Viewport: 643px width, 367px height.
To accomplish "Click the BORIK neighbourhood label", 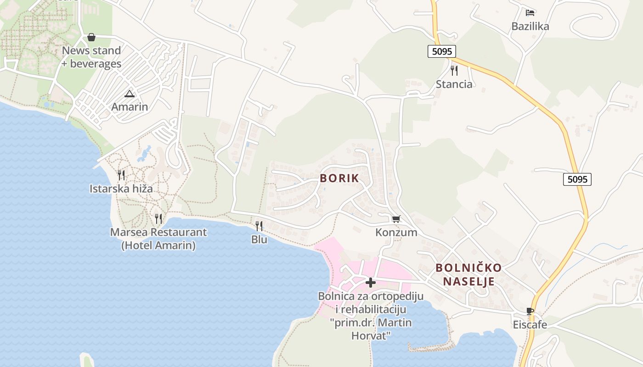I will [x=339, y=178].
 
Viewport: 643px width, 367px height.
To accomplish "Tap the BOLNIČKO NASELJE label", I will [x=469, y=274].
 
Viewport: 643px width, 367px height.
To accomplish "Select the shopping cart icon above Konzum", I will [x=396, y=219].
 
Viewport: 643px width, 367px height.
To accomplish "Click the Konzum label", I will [x=396, y=233].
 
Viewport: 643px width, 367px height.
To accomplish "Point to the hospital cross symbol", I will [x=371, y=283].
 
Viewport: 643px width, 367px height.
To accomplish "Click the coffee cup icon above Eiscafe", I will [x=530, y=311].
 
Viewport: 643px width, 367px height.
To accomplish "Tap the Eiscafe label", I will [x=530, y=325].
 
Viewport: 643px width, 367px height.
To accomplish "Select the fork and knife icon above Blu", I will [x=259, y=226].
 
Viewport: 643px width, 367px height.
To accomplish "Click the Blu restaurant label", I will [x=259, y=239].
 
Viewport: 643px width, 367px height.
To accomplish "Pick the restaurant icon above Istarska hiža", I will [x=121, y=175].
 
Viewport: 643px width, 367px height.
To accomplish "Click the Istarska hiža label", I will [x=121, y=189].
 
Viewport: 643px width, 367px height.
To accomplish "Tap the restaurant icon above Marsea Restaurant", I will [x=158, y=218].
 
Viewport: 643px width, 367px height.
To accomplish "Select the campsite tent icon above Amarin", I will [x=130, y=94].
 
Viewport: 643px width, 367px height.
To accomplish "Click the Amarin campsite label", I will [x=130, y=107].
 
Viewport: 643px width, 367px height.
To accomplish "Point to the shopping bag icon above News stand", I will [x=91, y=37].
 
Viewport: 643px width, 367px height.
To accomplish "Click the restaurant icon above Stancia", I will [x=454, y=70].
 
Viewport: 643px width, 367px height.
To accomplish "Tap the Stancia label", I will [x=454, y=84].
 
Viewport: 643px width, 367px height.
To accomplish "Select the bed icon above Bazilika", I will [x=530, y=13].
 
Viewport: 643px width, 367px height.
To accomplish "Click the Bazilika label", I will [x=530, y=26].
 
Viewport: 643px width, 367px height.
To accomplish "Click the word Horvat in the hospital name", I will [x=371, y=335].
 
